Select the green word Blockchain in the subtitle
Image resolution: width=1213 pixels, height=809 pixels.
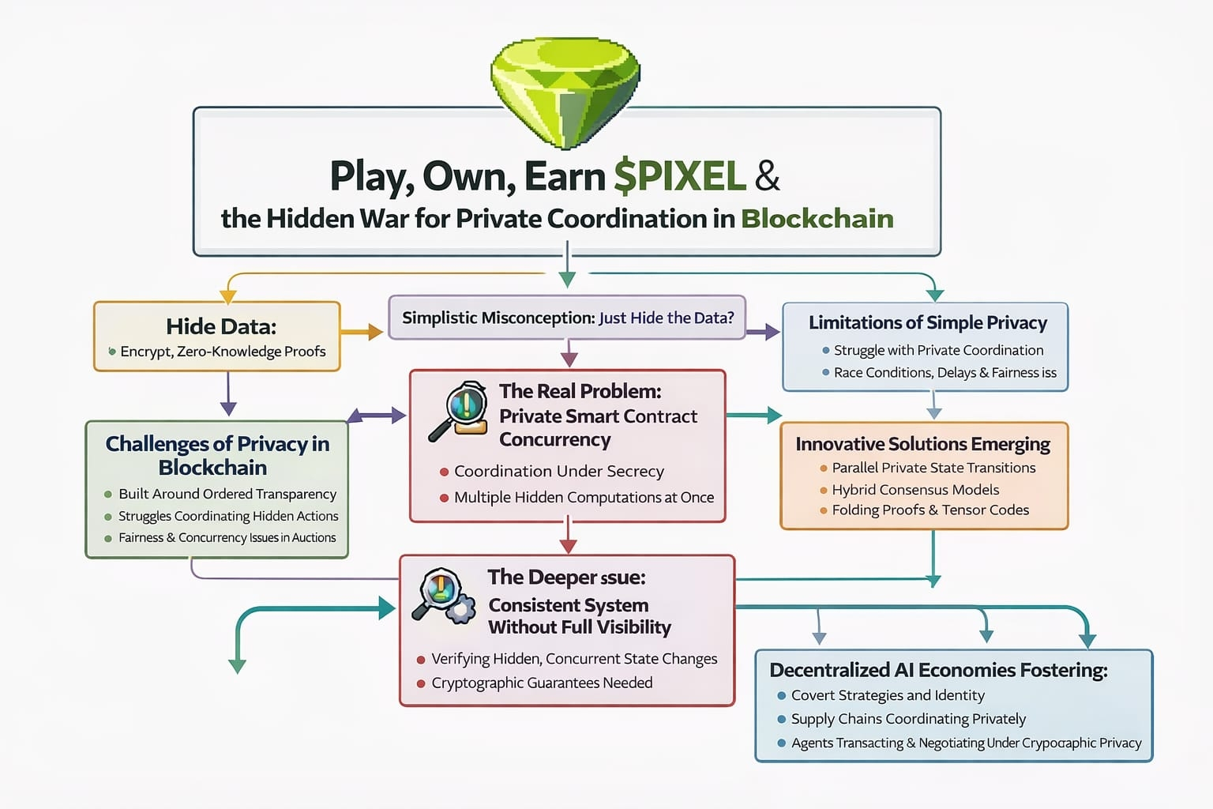[817, 219]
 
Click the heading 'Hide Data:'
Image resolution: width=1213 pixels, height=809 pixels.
[220, 326]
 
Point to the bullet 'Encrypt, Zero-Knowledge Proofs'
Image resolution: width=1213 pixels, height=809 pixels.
[223, 352]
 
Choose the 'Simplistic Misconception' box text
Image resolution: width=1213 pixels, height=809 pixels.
[567, 318]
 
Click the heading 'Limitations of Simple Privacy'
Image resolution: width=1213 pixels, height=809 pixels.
[927, 322]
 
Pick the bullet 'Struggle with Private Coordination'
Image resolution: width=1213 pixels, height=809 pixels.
[938, 350]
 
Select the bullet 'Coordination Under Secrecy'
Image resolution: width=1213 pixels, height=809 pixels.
[558, 472]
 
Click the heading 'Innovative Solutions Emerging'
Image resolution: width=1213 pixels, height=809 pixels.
[922, 444]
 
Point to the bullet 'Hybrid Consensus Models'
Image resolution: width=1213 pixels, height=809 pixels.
[915, 490]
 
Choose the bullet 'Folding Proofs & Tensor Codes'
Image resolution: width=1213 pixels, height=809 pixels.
[930, 510]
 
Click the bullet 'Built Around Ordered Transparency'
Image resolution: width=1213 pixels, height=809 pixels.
[227, 494]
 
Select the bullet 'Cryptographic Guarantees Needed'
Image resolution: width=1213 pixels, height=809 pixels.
[542, 683]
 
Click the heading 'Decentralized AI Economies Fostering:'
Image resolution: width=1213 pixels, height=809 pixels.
[938, 670]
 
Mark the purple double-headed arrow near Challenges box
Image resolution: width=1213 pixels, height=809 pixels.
[377, 416]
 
